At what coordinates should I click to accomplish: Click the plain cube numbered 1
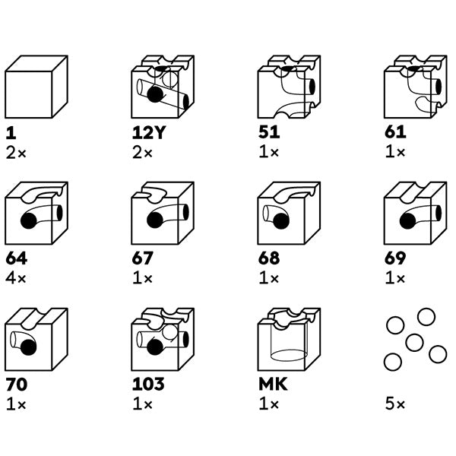(36, 87)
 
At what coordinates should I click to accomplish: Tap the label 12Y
(148, 132)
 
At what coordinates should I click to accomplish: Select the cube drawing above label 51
(289, 87)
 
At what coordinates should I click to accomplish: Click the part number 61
(395, 132)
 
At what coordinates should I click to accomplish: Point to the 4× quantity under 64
(16, 278)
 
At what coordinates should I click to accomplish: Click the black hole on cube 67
(155, 220)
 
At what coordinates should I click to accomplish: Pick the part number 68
(269, 258)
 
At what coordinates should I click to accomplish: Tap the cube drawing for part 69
(415, 213)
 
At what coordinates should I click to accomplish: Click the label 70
(17, 385)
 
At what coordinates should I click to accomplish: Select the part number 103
(148, 385)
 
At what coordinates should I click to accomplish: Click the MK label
(273, 385)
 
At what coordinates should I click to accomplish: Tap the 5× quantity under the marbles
(395, 404)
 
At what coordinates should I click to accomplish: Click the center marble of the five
(414, 343)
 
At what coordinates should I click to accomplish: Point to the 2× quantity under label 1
(16, 153)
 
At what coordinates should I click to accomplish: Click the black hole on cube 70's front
(28, 347)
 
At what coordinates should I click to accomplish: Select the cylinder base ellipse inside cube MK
(289, 356)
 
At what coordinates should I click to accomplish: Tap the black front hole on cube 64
(29, 220)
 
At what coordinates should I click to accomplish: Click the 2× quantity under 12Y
(143, 153)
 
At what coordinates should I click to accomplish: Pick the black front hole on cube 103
(155, 347)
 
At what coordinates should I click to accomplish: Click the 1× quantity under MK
(269, 404)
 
